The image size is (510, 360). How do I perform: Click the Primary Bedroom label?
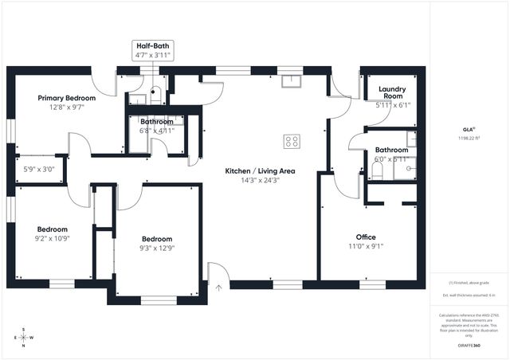[67, 98]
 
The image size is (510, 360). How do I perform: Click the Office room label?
[366, 237]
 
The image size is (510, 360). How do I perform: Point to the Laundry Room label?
[392, 92]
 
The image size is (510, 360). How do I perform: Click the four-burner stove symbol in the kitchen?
[292, 142]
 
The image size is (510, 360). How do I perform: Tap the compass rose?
[23, 336]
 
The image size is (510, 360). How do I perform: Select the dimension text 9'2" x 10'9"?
[53, 237]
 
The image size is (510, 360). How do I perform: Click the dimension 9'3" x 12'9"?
[157, 248]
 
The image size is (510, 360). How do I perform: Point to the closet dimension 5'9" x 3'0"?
[38, 169]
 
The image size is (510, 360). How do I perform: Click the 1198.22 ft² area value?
[469, 138]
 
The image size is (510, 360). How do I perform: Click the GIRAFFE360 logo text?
[469, 346]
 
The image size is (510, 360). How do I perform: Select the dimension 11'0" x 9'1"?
[366, 246]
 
